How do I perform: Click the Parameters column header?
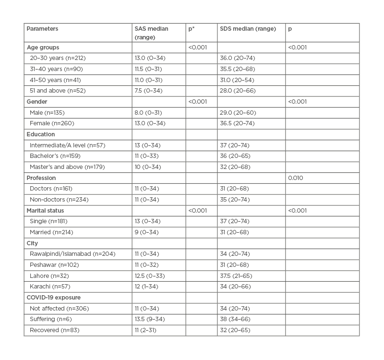coord(42,29)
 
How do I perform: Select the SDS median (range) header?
coord(248,29)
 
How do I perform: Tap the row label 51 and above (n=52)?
coord(58,91)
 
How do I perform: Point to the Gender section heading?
coord(38,102)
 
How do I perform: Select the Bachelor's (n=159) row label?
coord(56,156)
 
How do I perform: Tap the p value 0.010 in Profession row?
coord(296,178)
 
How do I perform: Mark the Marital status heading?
coord(46,210)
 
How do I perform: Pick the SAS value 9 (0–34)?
coord(147,232)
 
